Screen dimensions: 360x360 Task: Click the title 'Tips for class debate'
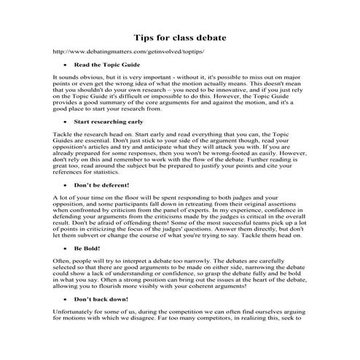(179, 36)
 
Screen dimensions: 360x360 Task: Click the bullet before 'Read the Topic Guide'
(66, 65)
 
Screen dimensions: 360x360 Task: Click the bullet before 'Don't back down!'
(66, 298)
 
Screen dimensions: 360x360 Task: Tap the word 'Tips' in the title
(144, 36)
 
